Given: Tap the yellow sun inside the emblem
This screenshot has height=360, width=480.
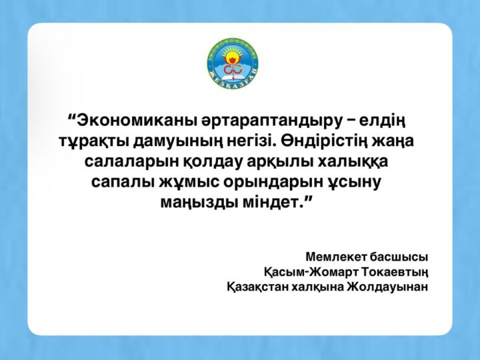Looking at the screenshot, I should coord(232,54).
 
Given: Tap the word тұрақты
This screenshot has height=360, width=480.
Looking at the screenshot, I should coord(88,142).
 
